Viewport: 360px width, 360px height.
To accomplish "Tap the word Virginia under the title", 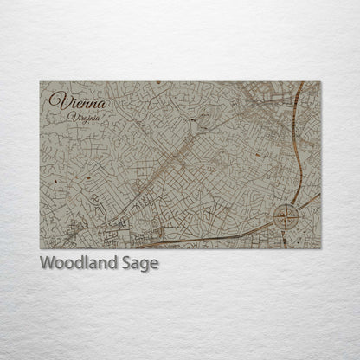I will point(93,116).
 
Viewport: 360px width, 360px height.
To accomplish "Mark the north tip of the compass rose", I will point(286,203).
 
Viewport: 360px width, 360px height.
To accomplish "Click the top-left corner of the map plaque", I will point(40,81).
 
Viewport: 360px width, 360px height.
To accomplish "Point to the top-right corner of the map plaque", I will point(320,81).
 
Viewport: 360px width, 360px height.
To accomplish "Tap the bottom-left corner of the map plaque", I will point(40,248).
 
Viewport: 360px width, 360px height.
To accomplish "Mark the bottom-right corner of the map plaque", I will point(320,248).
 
